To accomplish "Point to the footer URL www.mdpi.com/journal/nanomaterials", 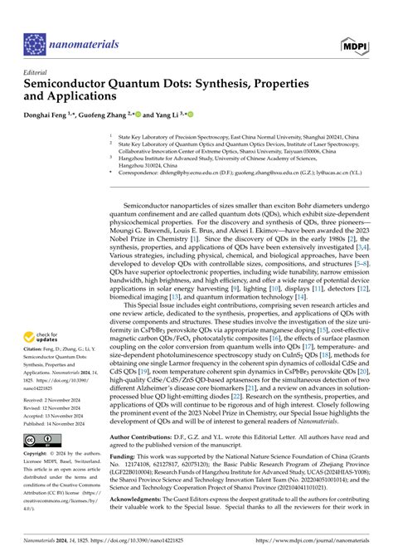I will pyautogui.click(x=319, y=544).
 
